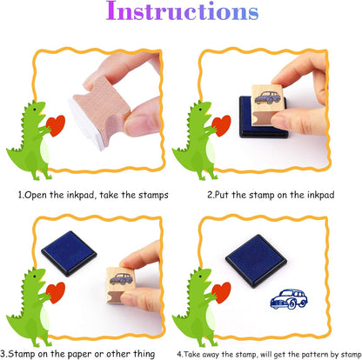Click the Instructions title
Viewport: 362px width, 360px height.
coord(182,11)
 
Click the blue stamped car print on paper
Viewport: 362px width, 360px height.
coord(289,299)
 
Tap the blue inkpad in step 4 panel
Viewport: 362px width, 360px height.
coord(256,261)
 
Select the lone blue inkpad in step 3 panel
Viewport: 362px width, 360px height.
coord(69,253)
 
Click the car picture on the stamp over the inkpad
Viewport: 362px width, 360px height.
coord(267,97)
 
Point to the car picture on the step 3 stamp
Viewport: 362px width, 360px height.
coord(121,279)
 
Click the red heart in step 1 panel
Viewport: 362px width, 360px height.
coord(56,125)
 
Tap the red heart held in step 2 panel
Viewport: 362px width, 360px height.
coord(221,125)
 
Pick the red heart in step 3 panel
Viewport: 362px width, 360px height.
coord(56,292)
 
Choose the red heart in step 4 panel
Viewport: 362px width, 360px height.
coord(221,292)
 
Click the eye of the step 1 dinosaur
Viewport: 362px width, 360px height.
coord(35,110)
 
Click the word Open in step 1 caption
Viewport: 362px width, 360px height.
coord(36,195)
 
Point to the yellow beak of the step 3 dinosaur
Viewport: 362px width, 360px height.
coord(42,278)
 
